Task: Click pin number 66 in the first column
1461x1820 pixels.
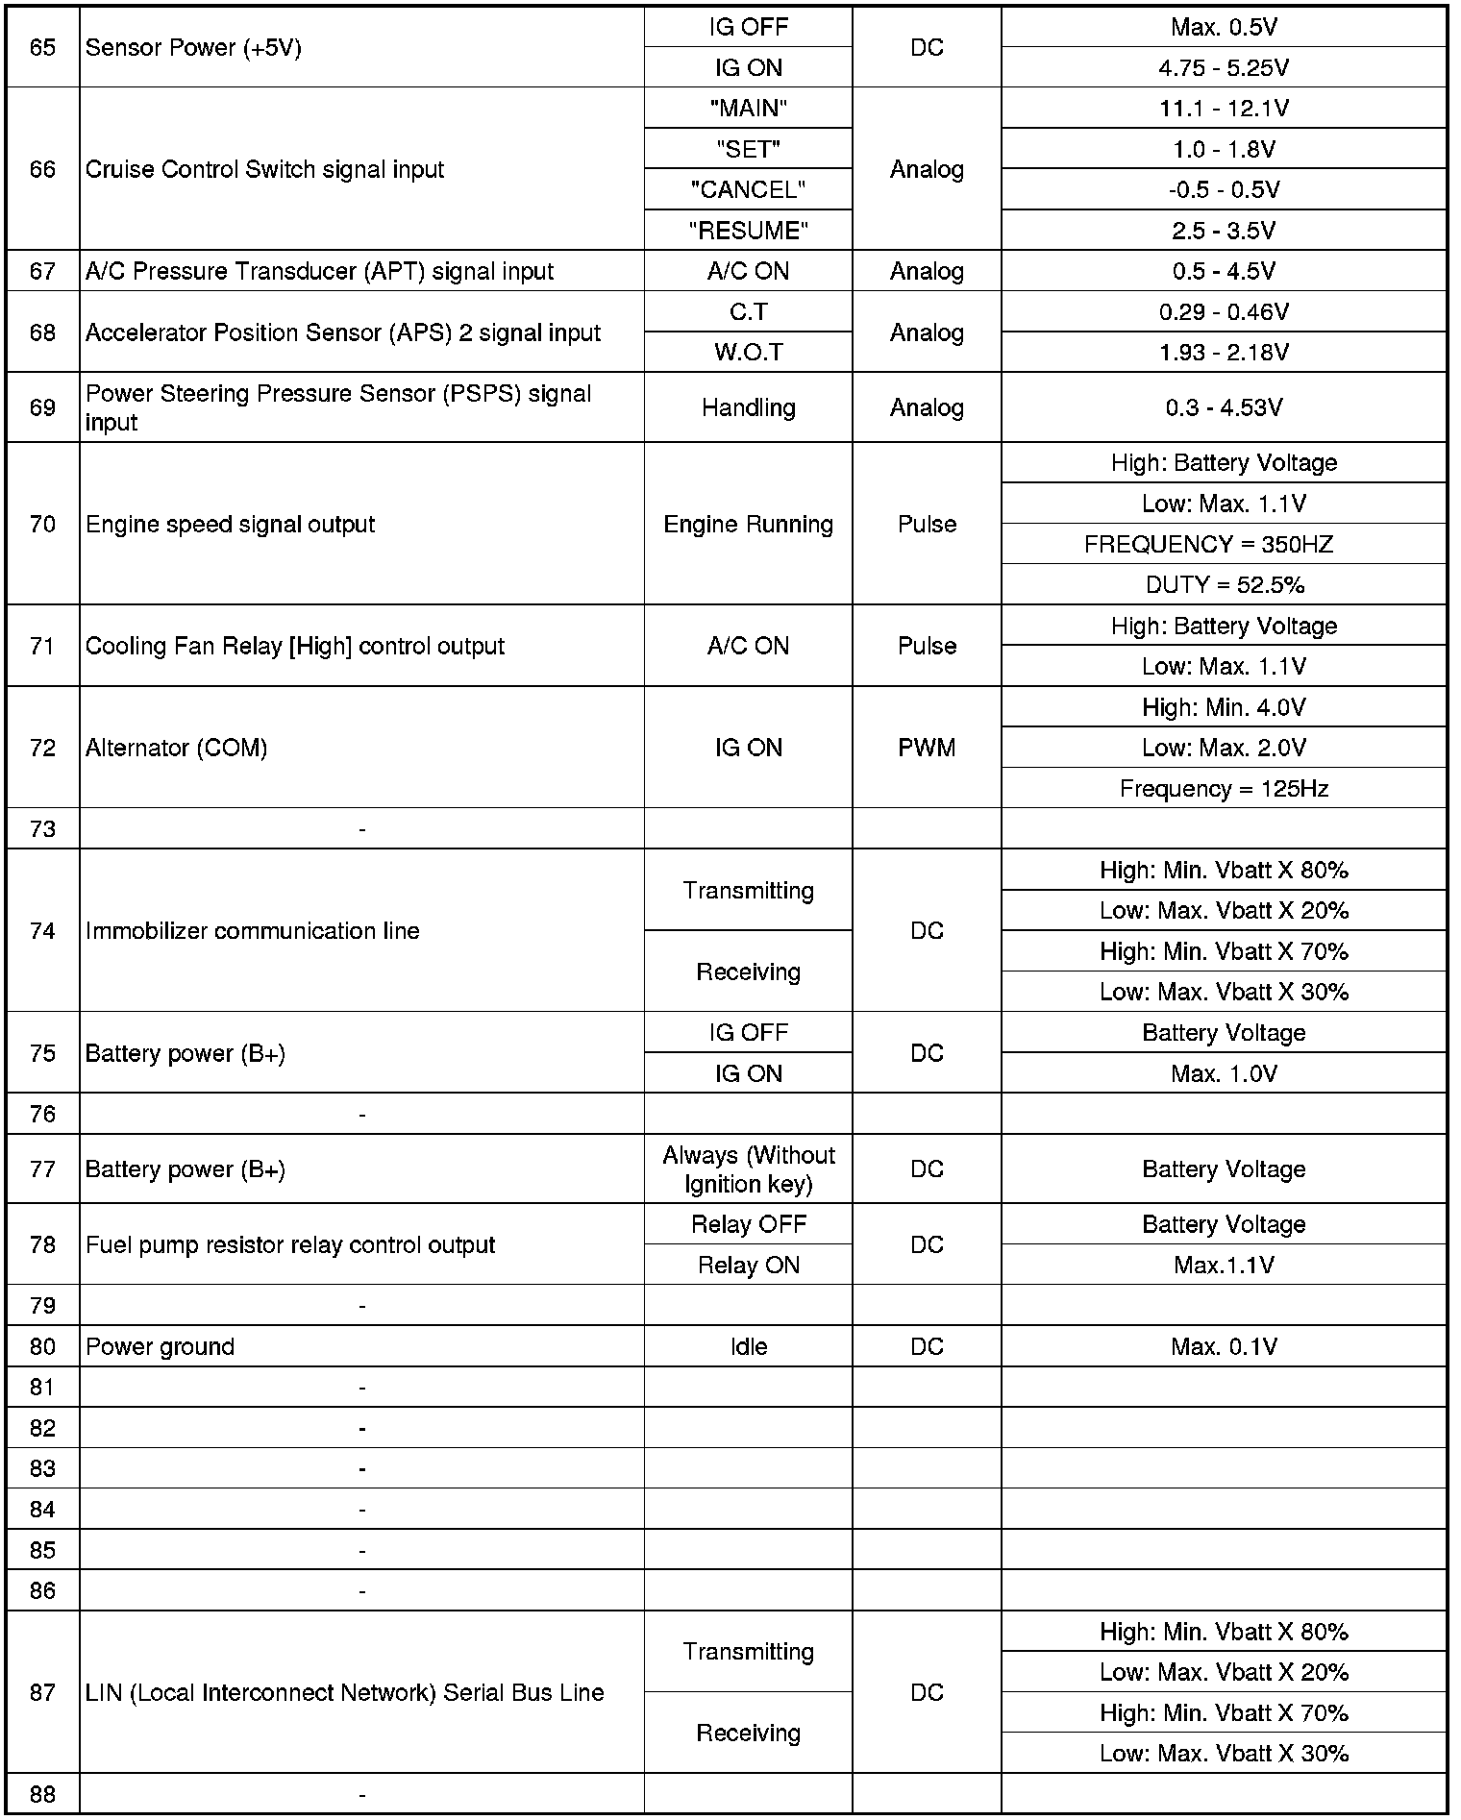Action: click(x=42, y=169)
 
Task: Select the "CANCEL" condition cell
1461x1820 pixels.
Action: click(x=748, y=190)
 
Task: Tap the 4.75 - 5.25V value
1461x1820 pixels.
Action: click(x=1224, y=68)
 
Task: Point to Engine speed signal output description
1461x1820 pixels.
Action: click(x=230, y=525)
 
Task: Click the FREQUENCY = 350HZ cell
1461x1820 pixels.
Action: click(x=1208, y=545)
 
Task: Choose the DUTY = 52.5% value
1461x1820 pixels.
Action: click(x=1224, y=585)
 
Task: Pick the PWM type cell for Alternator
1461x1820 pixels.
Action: click(x=927, y=748)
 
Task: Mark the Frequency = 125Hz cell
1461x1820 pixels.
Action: click(x=1224, y=789)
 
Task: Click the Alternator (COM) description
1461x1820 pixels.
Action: click(x=176, y=748)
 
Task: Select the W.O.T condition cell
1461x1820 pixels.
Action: click(x=748, y=353)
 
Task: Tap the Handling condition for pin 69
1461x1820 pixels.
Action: click(x=748, y=407)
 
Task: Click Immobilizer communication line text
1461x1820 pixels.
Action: click(x=252, y=931)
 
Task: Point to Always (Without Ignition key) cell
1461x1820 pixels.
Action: click(x=748, y=1169)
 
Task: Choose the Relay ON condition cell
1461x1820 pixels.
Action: click(x=748, y=1266)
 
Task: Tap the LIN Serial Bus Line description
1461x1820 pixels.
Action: click(x=344, y=1692)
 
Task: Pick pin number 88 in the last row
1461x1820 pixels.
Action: click(x=42, y=1794)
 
